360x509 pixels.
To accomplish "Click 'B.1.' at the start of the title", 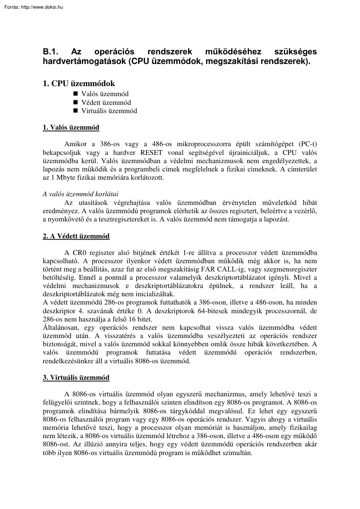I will point(50,53).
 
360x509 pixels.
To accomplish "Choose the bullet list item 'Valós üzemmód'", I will point(105,94).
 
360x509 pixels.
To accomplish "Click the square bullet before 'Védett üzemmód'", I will point(75,103).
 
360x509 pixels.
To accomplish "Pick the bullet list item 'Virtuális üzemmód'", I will point(109,111).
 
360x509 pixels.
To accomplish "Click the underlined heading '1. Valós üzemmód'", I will point(71,127).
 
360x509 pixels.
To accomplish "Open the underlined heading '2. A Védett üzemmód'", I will point(76,236).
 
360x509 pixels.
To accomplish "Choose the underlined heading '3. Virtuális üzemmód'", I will point(76,378).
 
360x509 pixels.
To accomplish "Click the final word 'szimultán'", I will point(239,452).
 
